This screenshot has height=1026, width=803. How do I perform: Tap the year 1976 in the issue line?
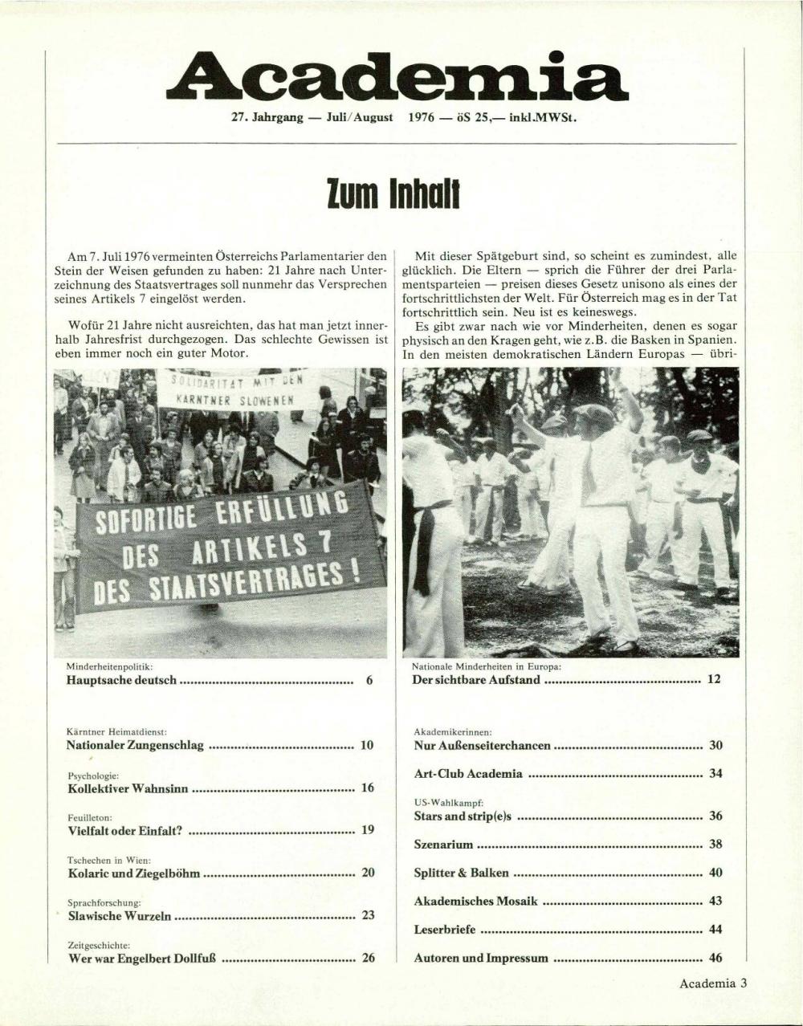pyautogui.click(x=422, y=117)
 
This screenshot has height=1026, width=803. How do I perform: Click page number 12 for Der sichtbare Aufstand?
pyautogui.click(x=714, y=679)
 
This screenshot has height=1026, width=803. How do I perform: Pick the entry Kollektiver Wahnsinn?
pyautogui.click(x=128, y=788)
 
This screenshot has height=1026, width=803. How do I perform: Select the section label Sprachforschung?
pyautogui.click(x=104, y=902)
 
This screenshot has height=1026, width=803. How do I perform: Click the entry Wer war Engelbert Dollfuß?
pyautogui.click(x=143, y=958)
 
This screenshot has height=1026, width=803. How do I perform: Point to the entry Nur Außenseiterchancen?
pyautogui.click(x=482, y=746)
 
